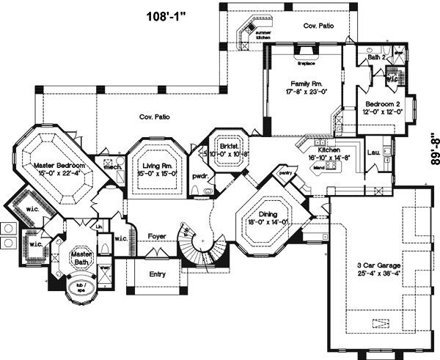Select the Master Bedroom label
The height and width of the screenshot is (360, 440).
pyautogui.click(x=60, y=166)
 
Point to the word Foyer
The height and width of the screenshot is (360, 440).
pyautogui.click(x=158, y=236)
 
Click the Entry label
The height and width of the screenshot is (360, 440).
pyautogui.click(x=156, y=274)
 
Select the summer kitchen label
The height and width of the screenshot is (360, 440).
pyautogui.click(x=263, y=33)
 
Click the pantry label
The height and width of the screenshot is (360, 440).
pyautogui.click(x=285, y=173)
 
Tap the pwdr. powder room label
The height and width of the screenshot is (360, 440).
pyautogui.click(x=198, y=177)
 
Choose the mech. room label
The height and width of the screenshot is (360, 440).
pyautogui.click(x=111, y=167)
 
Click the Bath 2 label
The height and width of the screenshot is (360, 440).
pyautogui.click(x=375, y=56)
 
